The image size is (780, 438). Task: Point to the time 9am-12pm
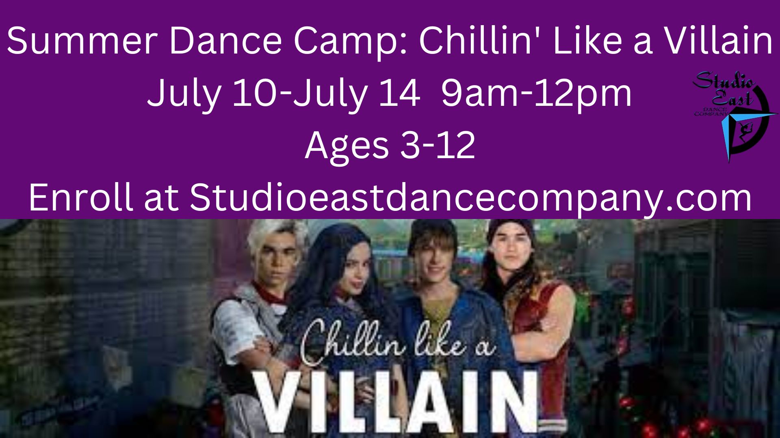click(536, 94)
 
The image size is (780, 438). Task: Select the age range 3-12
click(438, 146)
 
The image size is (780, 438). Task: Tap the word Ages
click(347, 146)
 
